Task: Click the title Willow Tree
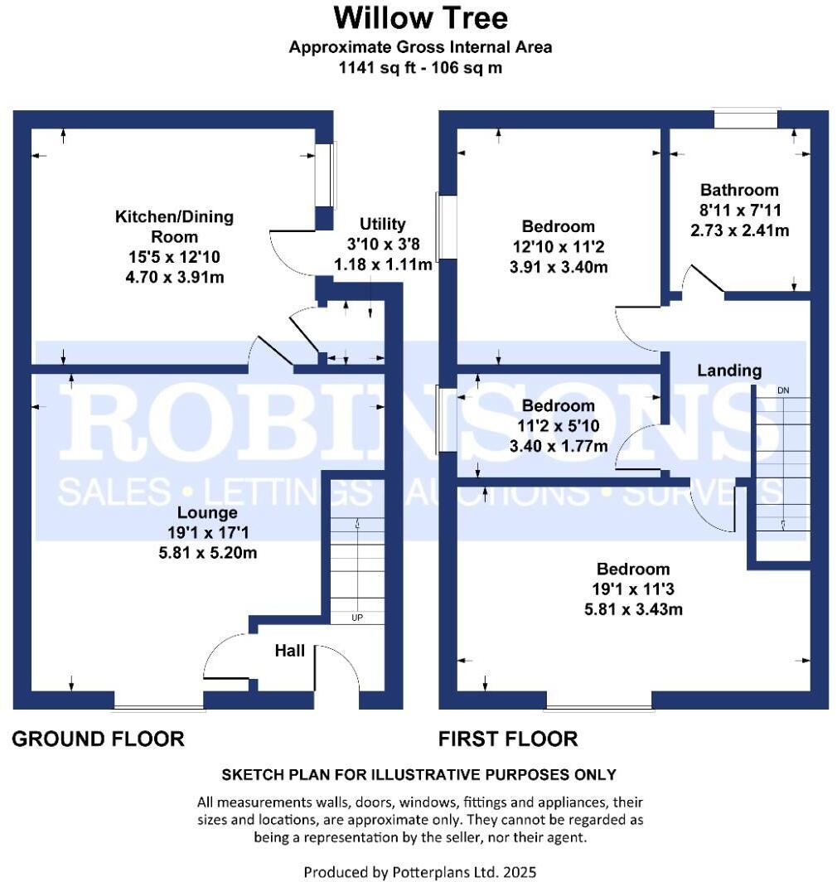pyautogui.click(x=420, y=17)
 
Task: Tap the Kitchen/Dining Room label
pyautogui.click(x=174, y=225)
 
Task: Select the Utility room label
pyautogui.click(x=382, y=224)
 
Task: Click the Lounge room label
pyautogui.click(x=212, y=512)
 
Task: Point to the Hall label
pyautogui.click(x=289, y=651)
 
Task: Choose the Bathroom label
pyautogui.click(x=739, y=190)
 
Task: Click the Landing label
pyautogui.click(x=728, y=371)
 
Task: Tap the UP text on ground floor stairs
pyautogui.click(x=357, y=618)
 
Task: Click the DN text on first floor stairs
pyautogui.click(x=782, y=390)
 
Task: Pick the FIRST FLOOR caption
pyautogui.click(x=508, y=738)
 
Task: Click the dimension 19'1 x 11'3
pyautogui.click(x=633, y=590)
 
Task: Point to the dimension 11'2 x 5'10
pyautogui.click(x=558, y=426)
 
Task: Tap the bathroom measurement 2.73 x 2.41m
pyautogui.click(x=739, y=230)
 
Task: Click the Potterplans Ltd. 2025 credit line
pyautogui.click(x=419, y=872)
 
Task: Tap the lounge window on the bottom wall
pyautogui.click(x=158, y=707)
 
